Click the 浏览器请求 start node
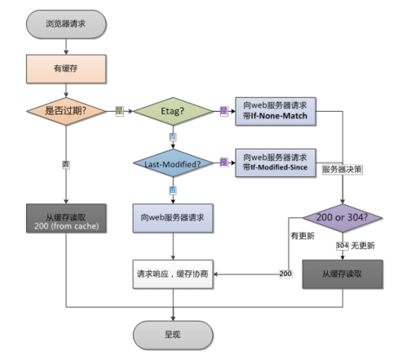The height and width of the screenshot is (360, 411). pos(64,24)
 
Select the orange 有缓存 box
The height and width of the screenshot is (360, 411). pos(64,69)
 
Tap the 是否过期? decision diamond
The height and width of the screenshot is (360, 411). pos(64,112)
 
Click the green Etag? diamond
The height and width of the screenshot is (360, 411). pos(172,112)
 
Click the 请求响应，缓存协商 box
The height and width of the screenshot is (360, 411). pos(173,273)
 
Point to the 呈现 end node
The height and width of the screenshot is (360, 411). pos(173,333)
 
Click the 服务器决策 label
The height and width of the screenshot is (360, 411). pos(342,169)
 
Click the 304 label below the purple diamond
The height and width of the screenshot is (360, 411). pos(342,245)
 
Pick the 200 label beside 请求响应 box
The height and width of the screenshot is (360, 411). pos(286,273)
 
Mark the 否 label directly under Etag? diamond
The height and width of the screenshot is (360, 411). pos(172,136)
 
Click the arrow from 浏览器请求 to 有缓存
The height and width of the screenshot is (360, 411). pos(64,46)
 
